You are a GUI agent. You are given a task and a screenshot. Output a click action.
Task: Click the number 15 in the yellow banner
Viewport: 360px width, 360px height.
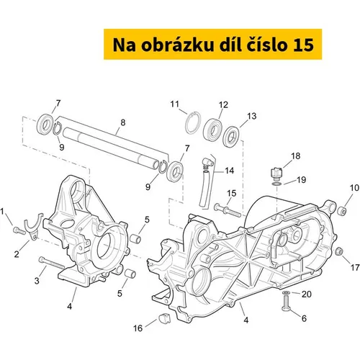click(303, 45)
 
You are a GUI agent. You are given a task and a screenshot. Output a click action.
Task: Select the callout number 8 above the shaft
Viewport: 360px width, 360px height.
click(123, 122)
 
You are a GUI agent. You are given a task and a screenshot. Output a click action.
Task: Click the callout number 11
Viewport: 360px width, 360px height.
click(175, 104)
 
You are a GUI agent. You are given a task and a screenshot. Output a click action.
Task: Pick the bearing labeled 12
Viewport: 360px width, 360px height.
click(212, 130)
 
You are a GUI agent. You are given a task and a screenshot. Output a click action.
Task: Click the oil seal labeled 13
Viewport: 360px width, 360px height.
click(231, 138)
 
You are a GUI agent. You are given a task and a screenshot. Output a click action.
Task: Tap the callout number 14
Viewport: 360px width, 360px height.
click(229, 171)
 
